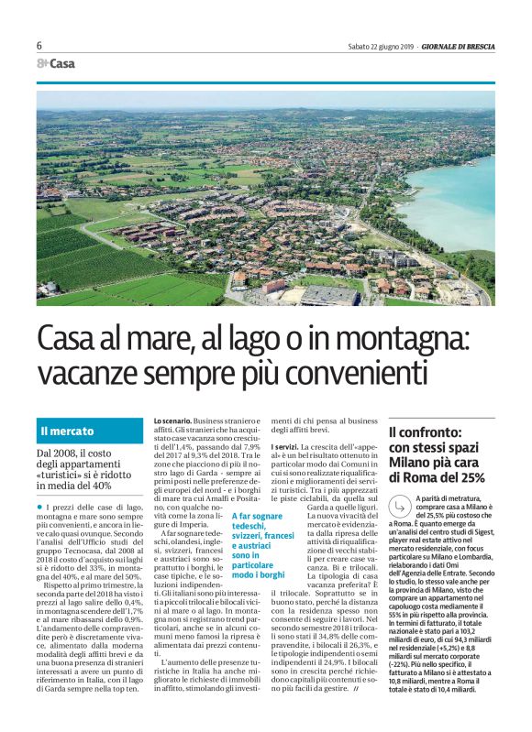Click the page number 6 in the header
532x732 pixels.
click(39, 46)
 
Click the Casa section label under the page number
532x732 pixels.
click(61, 64)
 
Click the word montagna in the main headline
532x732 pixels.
click(414, 342)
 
